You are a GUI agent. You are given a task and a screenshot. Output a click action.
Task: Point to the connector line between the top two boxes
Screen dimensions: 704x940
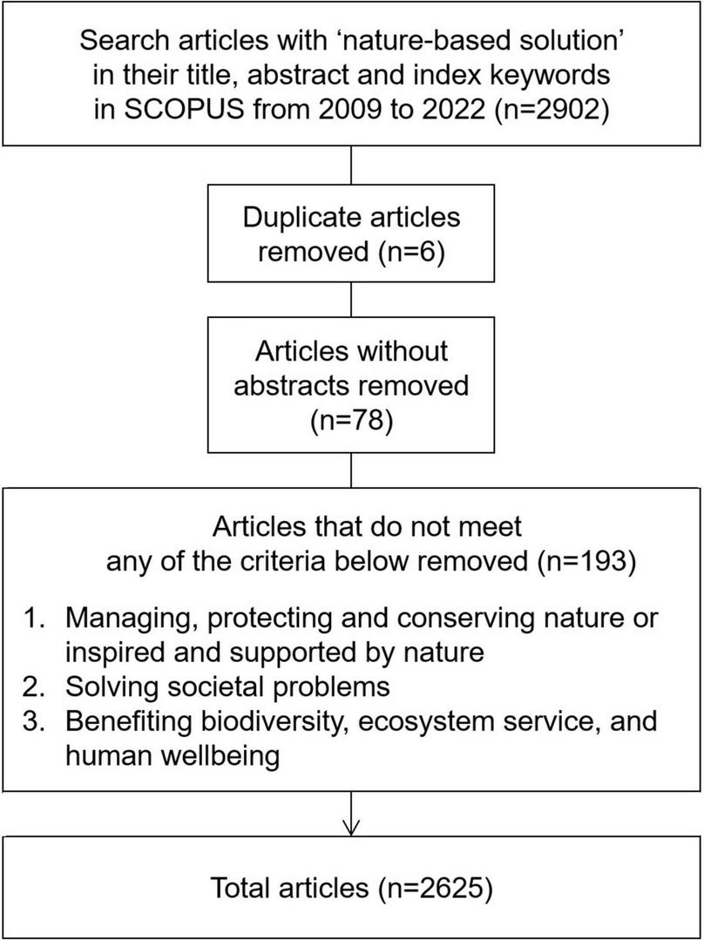(x=350, y=164)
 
